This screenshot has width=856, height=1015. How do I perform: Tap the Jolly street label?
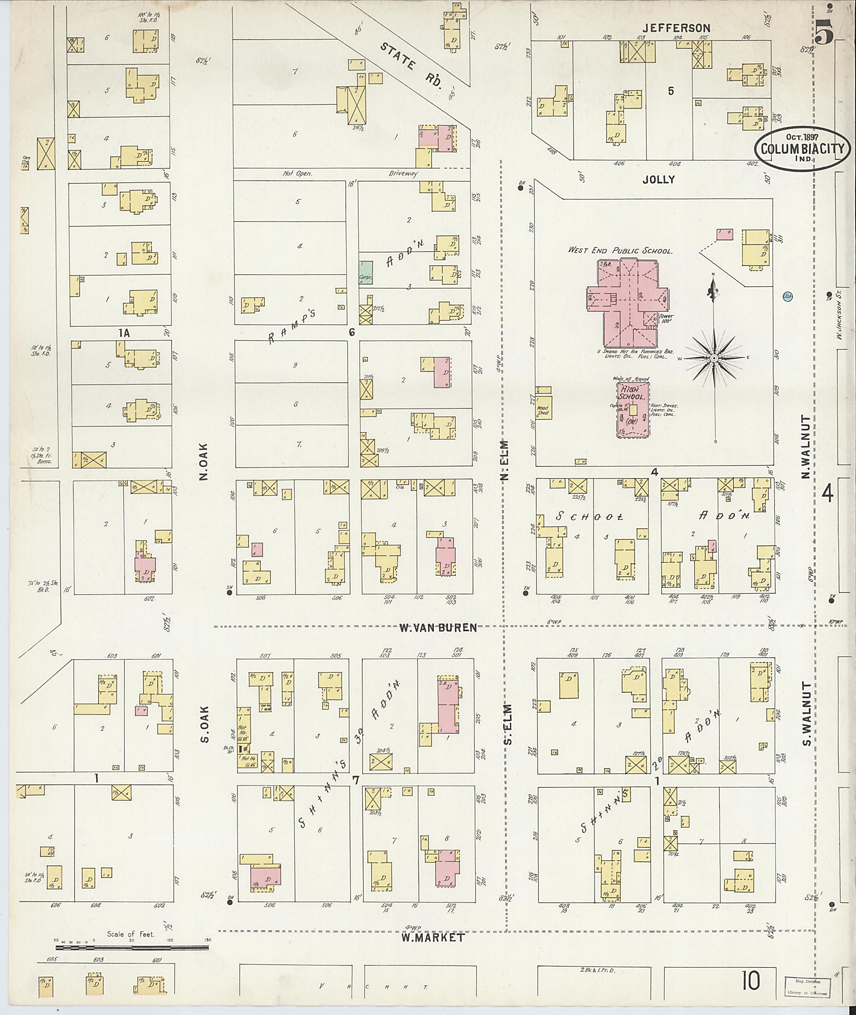coord(658,180)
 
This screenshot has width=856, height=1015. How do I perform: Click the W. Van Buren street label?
coord(438,628)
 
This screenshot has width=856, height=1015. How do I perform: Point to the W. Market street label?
coord(432,938)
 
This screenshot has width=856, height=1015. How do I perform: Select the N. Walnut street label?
coord(806,447)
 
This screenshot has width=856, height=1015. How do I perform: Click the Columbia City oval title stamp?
coord(802,150)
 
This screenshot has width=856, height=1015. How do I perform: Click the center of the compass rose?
coord(714,358)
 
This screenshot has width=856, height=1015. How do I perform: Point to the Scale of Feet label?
coord(131,934)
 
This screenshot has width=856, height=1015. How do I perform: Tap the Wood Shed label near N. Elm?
coord(543,410)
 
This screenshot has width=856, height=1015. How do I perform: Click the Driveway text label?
coord(403,173)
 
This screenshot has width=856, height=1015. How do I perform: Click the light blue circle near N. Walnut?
coord(787,295)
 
